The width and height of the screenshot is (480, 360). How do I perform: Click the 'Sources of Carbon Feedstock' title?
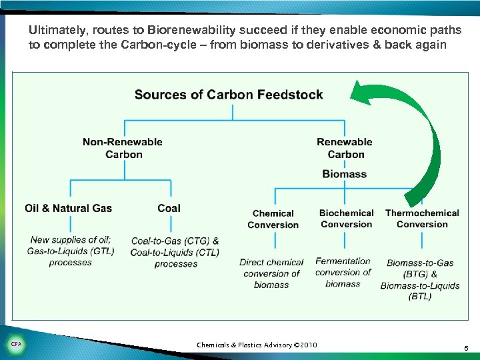click(x=229, y=94)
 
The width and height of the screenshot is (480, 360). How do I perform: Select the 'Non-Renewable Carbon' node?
click(x=123, y=148)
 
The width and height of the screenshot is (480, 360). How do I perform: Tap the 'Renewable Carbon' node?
click(x=345, y=148)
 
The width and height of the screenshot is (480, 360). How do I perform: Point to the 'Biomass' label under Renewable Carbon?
click(x=345, y=174)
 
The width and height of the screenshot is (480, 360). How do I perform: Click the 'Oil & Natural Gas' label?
click(x=69, y=208)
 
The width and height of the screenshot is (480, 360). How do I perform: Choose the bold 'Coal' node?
click(x=169, y=208)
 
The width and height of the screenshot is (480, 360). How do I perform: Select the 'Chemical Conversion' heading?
click(x=273, y=219)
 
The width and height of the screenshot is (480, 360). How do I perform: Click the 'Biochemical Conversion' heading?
click(x=346, y=219)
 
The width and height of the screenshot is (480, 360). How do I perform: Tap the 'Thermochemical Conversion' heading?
click(x=422, y=219)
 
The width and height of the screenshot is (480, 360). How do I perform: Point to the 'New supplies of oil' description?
click(x=71, y=251)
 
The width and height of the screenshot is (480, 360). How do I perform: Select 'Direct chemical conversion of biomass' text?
click(x=271, y=273)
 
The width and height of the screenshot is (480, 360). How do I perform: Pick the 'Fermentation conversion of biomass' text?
click(x=343, y=272)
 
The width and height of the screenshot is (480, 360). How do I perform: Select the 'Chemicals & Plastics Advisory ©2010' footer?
click(x=257, y=345)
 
